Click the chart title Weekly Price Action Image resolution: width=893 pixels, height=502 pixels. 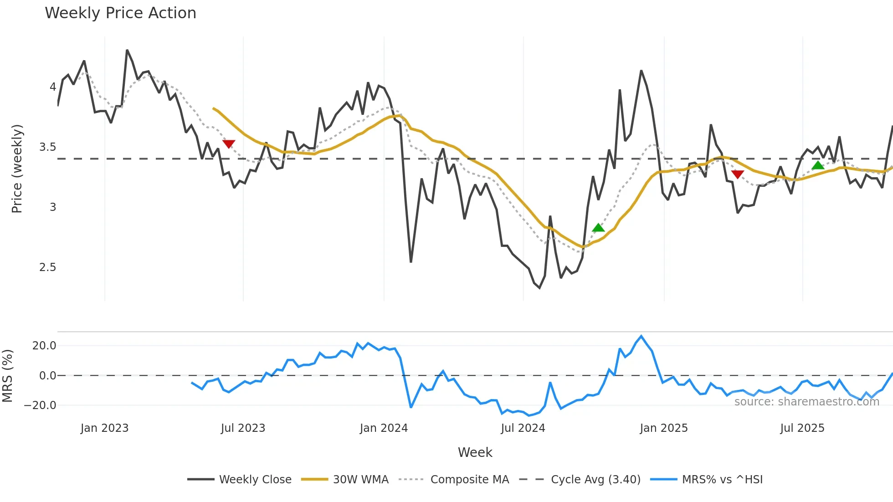[120, 13]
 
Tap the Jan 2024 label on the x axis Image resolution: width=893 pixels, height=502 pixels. [384, 428]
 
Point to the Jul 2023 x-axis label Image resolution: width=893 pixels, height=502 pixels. [243, 428]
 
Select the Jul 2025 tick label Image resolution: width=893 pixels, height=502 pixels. [802, 428]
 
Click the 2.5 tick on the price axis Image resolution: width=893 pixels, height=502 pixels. [47, 267]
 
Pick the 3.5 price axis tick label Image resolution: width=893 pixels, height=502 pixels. [47, 147]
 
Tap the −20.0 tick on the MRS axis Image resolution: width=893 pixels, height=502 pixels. [40, 405]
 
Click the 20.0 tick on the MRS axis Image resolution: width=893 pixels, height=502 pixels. [44, 346]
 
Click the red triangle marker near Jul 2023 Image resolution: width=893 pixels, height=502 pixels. [229, 144]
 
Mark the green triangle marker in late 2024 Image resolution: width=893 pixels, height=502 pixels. [598, 228]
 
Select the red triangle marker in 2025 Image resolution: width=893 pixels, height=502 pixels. [738, 174]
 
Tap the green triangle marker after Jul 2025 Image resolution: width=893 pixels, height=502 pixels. [818, 165]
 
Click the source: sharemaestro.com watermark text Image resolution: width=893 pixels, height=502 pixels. [806, 402]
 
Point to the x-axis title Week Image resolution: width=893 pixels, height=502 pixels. [475, 452]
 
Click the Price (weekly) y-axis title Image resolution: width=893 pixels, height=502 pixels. [17, 169]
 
